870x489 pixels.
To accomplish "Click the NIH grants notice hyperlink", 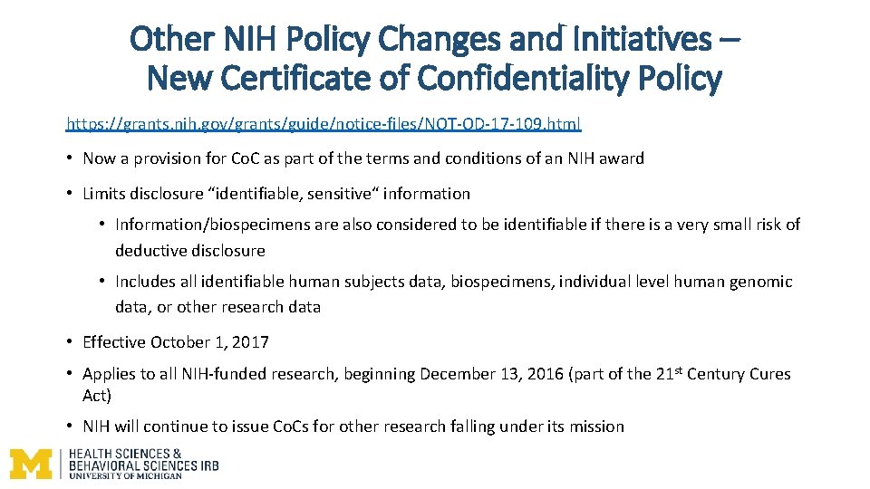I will pos(324,123).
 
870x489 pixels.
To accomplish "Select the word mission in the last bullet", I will pos(597,427).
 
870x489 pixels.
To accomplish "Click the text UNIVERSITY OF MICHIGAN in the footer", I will pos(125,475).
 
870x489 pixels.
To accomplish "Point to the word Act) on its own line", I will pos(97,395).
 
